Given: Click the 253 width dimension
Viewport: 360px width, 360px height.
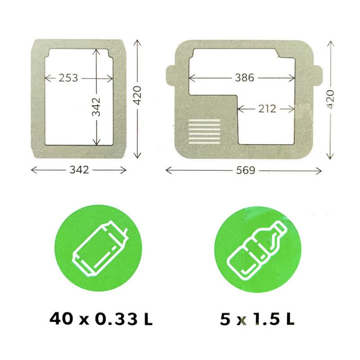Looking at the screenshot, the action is [x=68, y=78].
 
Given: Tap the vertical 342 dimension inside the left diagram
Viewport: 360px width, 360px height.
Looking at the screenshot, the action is [x=96, y=107].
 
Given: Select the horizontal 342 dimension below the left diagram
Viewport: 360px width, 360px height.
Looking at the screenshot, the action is [x=79, y=170].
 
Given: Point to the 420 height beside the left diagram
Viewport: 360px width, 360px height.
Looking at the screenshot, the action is [x=137, y=95].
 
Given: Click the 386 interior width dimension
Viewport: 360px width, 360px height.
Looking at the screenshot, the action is [x=244, y=78].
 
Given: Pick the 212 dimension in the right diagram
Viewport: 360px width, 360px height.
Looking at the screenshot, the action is [x=267, y=109].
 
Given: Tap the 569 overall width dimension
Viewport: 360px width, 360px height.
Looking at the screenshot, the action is [x=245, y=171].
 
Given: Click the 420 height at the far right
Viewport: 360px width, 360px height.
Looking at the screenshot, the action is [x=330, y=99].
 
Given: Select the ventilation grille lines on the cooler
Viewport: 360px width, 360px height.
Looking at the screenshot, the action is [x=204, y=131].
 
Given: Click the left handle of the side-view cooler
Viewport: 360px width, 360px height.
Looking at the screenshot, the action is [x=171, y=75].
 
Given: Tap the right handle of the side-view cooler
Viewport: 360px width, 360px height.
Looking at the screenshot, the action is [x=318, y=75].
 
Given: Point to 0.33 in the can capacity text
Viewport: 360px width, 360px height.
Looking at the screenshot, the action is [x=117, y=319].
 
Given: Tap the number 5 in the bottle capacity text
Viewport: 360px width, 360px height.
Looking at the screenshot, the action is [x=225, y=319].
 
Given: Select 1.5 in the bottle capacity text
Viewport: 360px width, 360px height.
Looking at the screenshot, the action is [x=266, y=319].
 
